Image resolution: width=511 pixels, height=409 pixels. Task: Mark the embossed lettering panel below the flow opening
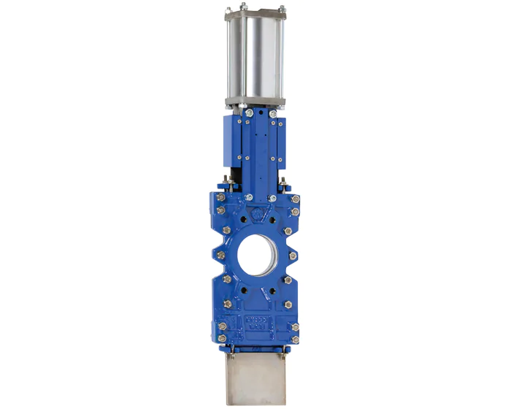[256, 322]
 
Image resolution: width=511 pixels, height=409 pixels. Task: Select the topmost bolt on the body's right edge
[295, 198]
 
